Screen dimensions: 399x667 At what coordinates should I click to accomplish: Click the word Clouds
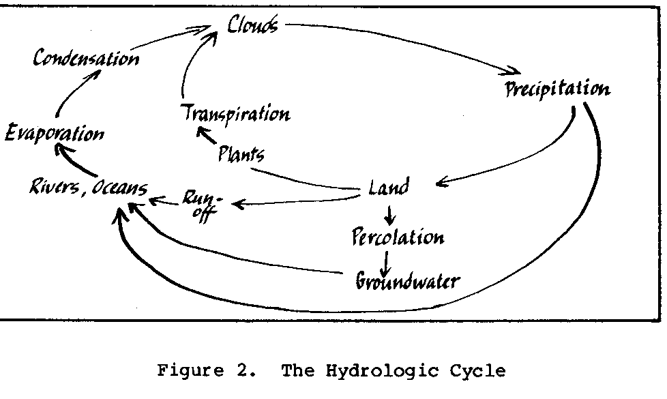coord(252,26)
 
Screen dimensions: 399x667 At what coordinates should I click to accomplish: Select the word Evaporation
coord(55,132)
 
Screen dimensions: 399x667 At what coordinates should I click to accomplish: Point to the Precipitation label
coord(557,89)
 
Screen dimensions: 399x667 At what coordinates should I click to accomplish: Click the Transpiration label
coord(235,113)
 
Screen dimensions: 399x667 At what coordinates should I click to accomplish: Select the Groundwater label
coord(407,280)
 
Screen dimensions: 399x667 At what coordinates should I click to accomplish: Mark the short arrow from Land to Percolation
coord(389,215)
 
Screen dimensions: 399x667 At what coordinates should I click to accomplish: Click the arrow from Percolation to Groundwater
coord(387,261)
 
